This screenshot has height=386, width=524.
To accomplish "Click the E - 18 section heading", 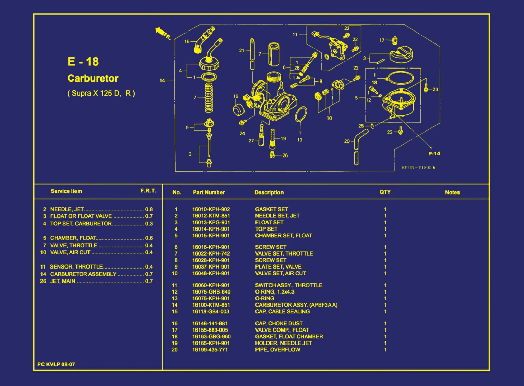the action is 83,62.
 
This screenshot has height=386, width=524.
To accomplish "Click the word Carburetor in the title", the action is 93,78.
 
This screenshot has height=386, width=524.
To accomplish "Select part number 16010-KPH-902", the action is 211,209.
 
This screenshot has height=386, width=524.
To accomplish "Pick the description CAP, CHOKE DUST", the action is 279,323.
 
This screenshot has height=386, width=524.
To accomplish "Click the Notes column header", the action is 452,192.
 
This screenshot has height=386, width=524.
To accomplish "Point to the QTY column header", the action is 385,192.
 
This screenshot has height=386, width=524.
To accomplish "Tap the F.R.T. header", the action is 148,191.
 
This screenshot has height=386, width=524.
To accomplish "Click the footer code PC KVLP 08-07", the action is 56,364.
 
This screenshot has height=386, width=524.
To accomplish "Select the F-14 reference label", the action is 434,154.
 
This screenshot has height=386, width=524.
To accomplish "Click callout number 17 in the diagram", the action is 382,40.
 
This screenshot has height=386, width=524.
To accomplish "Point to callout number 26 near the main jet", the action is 285,155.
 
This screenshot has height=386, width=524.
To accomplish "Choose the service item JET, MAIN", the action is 63,281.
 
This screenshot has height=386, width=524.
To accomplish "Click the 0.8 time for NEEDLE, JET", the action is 149,209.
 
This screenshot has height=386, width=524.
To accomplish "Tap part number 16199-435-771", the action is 210,350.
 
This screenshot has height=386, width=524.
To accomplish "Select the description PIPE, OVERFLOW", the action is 277,350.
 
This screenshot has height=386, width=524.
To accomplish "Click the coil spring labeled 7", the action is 209,98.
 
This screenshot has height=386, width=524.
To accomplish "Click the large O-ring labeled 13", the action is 301,114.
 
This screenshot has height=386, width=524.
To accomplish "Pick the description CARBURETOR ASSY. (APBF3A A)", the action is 296,305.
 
